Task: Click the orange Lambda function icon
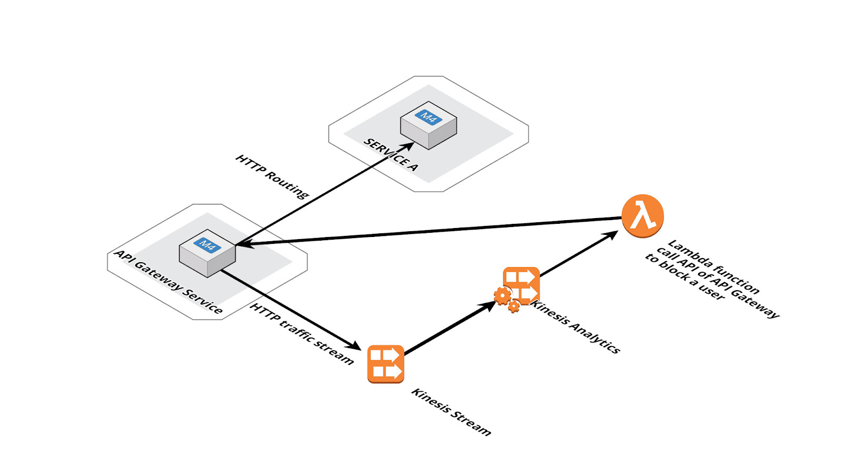point(642,216)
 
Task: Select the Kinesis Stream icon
point(386,364)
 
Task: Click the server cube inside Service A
point(429,125)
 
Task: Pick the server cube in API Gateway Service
point(208,253)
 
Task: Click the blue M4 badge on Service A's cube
point(429,117)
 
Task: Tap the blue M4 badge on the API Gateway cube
point(208,245)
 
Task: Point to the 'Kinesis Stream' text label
point(451,412)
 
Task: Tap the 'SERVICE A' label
point(390,155)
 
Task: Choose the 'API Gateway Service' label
point(168,282)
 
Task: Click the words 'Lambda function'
point(714,266)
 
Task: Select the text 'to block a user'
point(685,276)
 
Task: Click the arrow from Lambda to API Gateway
point(429,231)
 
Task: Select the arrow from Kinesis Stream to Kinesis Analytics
point(450,328)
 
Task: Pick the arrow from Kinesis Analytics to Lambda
point(579,253)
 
